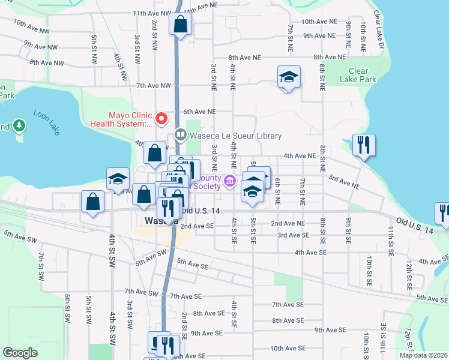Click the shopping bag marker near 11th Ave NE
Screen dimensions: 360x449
pyautogui.click(x=181, y=25)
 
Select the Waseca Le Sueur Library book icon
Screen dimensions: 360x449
pyautogui.click(x=179, y=135)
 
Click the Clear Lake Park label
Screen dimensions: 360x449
pyautogui.click(x=358, y=75)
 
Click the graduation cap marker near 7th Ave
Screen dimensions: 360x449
pyautogui.click(x=289, y=77)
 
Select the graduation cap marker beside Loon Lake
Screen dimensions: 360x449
pyautogui.click(x=118, y=179)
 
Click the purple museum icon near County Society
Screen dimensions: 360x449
pyautogui.click(x=229, y=181)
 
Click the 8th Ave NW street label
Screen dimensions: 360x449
pyautogui.click(x=46, y=62)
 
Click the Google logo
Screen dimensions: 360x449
pyautogui.click(x=20, y=353)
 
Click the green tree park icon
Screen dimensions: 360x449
pyautogui.click(x=20, y=125)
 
